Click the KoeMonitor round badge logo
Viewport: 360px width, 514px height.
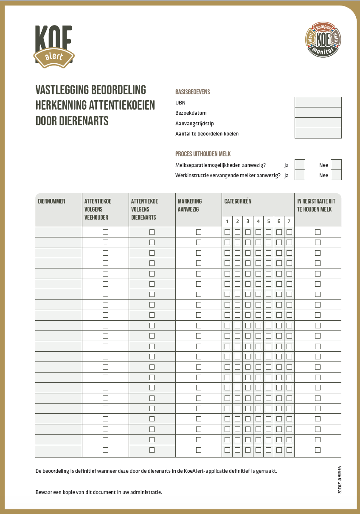[323, 40]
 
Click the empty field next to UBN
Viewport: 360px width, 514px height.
[318, 102]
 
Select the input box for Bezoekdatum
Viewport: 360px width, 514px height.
[318, 113]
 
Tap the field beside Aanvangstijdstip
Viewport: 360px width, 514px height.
[318, 123]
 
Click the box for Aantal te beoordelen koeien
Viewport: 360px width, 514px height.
[318, 133]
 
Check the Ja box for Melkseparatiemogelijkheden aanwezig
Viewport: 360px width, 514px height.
[300, 165]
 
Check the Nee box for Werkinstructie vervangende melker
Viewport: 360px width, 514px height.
[336, 175]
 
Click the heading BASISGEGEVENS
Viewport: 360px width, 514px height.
[193, 92]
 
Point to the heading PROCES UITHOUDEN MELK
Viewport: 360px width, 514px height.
[203, 154]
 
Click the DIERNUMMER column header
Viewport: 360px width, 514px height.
[52, 201]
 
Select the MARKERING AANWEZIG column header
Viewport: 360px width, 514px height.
[190, 205]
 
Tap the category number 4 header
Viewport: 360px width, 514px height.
[258, 221]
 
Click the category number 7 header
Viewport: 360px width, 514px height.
[289, 221]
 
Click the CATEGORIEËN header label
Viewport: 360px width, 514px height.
[238, 201]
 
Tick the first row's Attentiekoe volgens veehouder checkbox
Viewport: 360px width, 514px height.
[105, 232]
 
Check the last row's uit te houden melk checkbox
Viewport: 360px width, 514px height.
[318, 450]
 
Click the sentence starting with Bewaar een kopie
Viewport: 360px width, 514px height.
[99, 492]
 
